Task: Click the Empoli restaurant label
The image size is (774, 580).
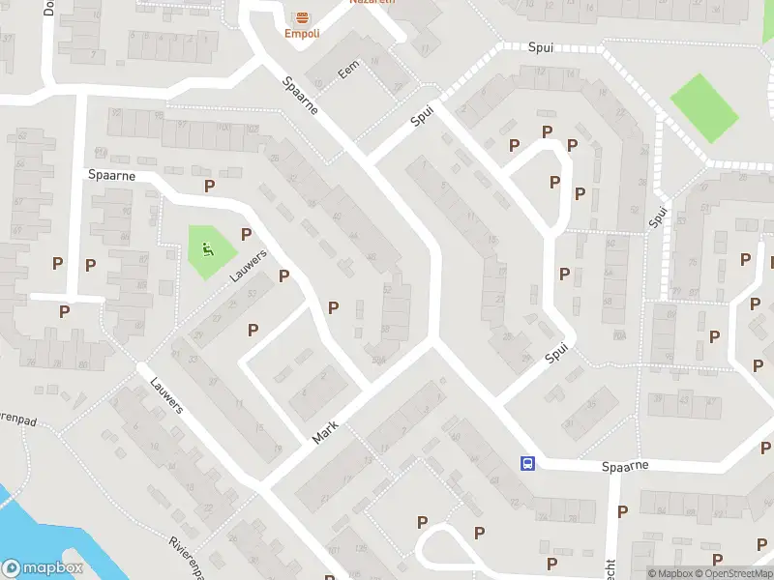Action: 302,33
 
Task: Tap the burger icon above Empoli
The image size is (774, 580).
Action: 302,17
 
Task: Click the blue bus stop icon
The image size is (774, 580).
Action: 527,463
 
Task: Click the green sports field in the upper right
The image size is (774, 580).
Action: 704,108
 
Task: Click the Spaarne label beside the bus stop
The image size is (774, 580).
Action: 623,465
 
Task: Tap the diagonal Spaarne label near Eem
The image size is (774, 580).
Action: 301,98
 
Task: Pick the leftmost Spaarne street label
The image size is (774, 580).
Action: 111,175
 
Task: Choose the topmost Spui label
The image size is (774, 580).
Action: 541,46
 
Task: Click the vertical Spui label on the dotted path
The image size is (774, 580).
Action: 658,218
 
